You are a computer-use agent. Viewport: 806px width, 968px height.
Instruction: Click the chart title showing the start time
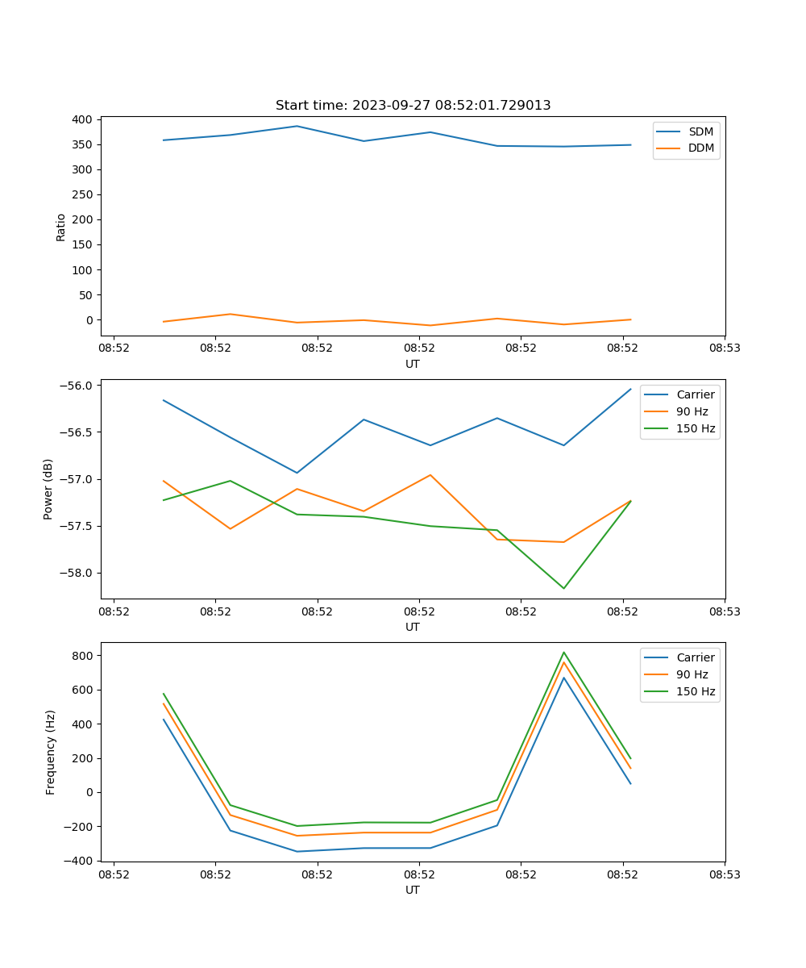(413, 106)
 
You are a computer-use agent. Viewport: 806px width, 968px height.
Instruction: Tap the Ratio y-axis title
(61, 227)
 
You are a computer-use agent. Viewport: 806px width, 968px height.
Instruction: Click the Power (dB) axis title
(49, 489)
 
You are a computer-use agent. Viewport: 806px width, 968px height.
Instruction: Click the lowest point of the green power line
(563, 588)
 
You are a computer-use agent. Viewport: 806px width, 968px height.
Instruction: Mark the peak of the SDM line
(297, 126)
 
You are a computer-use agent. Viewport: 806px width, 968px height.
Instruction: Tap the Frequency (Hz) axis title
(51, 752)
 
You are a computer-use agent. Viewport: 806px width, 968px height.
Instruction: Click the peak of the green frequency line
(563, 653)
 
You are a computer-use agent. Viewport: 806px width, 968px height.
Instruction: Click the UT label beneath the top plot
(413, 364)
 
